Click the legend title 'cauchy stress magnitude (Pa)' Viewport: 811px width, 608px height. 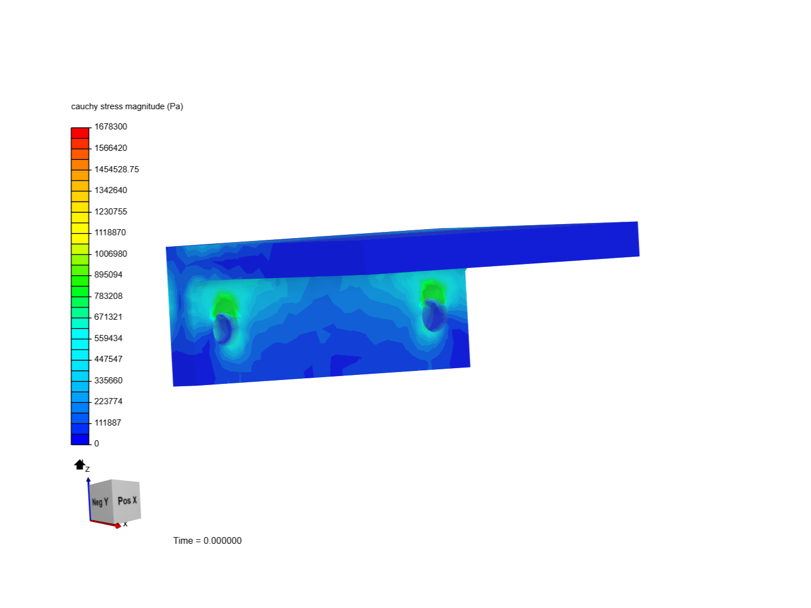(127, 106)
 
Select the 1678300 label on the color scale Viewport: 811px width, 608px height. (110, 127)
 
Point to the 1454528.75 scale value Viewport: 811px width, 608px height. (116, 169)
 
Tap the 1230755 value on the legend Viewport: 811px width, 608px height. (110, 211)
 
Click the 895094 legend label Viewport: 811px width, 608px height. (108, 275)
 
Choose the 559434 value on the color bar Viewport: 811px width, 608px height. (108, 338)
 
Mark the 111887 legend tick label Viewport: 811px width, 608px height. (108, 422)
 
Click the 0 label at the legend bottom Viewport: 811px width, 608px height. (96, 444)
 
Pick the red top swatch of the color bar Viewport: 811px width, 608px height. (80, 133)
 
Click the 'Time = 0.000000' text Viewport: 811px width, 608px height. (207, 540)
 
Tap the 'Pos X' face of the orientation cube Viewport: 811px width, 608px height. (127, 500)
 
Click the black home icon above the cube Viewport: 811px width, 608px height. (79, 464)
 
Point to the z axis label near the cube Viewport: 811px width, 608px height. (87, 469)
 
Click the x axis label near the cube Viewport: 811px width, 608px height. (126, 524)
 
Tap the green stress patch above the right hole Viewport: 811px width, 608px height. (433, 292)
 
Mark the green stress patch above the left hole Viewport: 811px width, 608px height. (224, 305)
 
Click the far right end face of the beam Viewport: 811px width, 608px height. (638, 239)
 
